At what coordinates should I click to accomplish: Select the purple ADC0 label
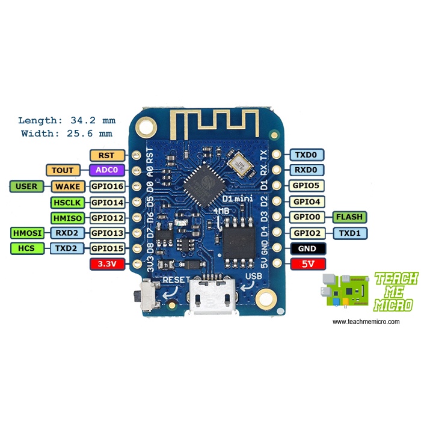click(x=106, y=170)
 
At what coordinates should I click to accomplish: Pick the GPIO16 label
click(x=107, y=186)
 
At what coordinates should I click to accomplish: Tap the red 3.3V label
click(x=106, y=263)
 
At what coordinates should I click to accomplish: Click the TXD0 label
click(x=307, y=155)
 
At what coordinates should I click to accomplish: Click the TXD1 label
click(x=349, y=233)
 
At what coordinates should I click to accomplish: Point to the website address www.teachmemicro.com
click(x=366, y=322)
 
